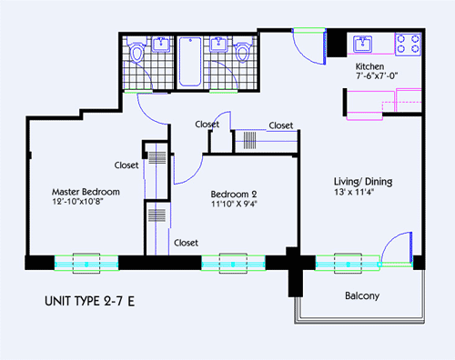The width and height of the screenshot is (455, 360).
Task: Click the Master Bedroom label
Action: [x=86, y=192]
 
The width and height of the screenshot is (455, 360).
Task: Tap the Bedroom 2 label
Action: [x=236, y=194]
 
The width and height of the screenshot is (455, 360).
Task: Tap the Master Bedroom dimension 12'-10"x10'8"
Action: [x=86, y=204]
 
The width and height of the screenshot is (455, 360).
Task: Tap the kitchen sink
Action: [x=363, y=43]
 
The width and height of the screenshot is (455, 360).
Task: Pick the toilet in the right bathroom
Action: [x=243, y=54]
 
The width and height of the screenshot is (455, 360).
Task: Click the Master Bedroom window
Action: [x=86, y=262]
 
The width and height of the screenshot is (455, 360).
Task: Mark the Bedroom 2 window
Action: [x=233, y=262]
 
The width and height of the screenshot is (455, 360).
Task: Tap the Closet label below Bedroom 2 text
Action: [x=187, y=243]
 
